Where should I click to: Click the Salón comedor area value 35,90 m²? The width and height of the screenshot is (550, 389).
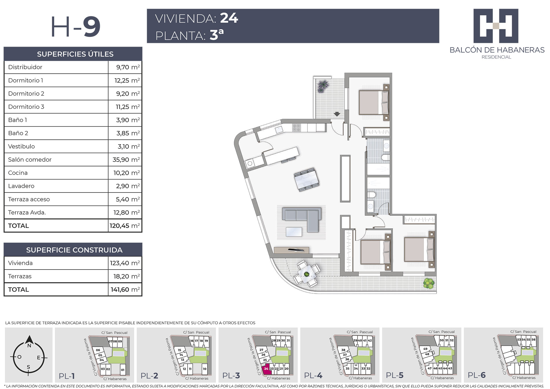[x=126, y=159]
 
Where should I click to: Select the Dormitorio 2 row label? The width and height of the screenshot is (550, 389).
[x=26, y=93]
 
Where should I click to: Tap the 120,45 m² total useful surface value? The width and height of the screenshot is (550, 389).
[x=125, y=226]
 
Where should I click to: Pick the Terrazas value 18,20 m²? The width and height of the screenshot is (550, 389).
[x=126, y=276]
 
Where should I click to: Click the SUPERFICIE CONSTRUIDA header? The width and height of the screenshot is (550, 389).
[x=74, y=250]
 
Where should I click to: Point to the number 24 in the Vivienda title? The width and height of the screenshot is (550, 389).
[x=229, y=18]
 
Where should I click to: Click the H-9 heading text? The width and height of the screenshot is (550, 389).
[x=76, y=27]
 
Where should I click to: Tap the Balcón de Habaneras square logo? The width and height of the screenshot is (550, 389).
[x=496, y=26]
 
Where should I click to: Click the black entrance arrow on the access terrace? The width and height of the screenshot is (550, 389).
[x=337, y=114]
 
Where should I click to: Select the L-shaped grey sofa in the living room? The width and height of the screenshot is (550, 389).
[x=302, y=219]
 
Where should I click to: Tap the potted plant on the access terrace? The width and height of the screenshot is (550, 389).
[x=322, y=86]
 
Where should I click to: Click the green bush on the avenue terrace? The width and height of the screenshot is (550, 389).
[x=429, y=283]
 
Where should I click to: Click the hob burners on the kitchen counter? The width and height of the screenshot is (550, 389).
[x=296, y=128]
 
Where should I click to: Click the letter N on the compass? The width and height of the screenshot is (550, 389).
[x=29, y=346]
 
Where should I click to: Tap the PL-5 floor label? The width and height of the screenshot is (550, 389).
[x=395, y=375]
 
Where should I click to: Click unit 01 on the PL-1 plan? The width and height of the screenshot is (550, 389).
[x=123, y=370]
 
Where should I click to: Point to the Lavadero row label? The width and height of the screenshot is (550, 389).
[x=21, y=186]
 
